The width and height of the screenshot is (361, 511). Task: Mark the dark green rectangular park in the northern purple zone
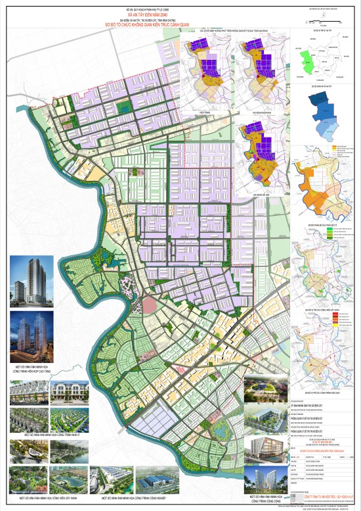click(121, 104)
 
